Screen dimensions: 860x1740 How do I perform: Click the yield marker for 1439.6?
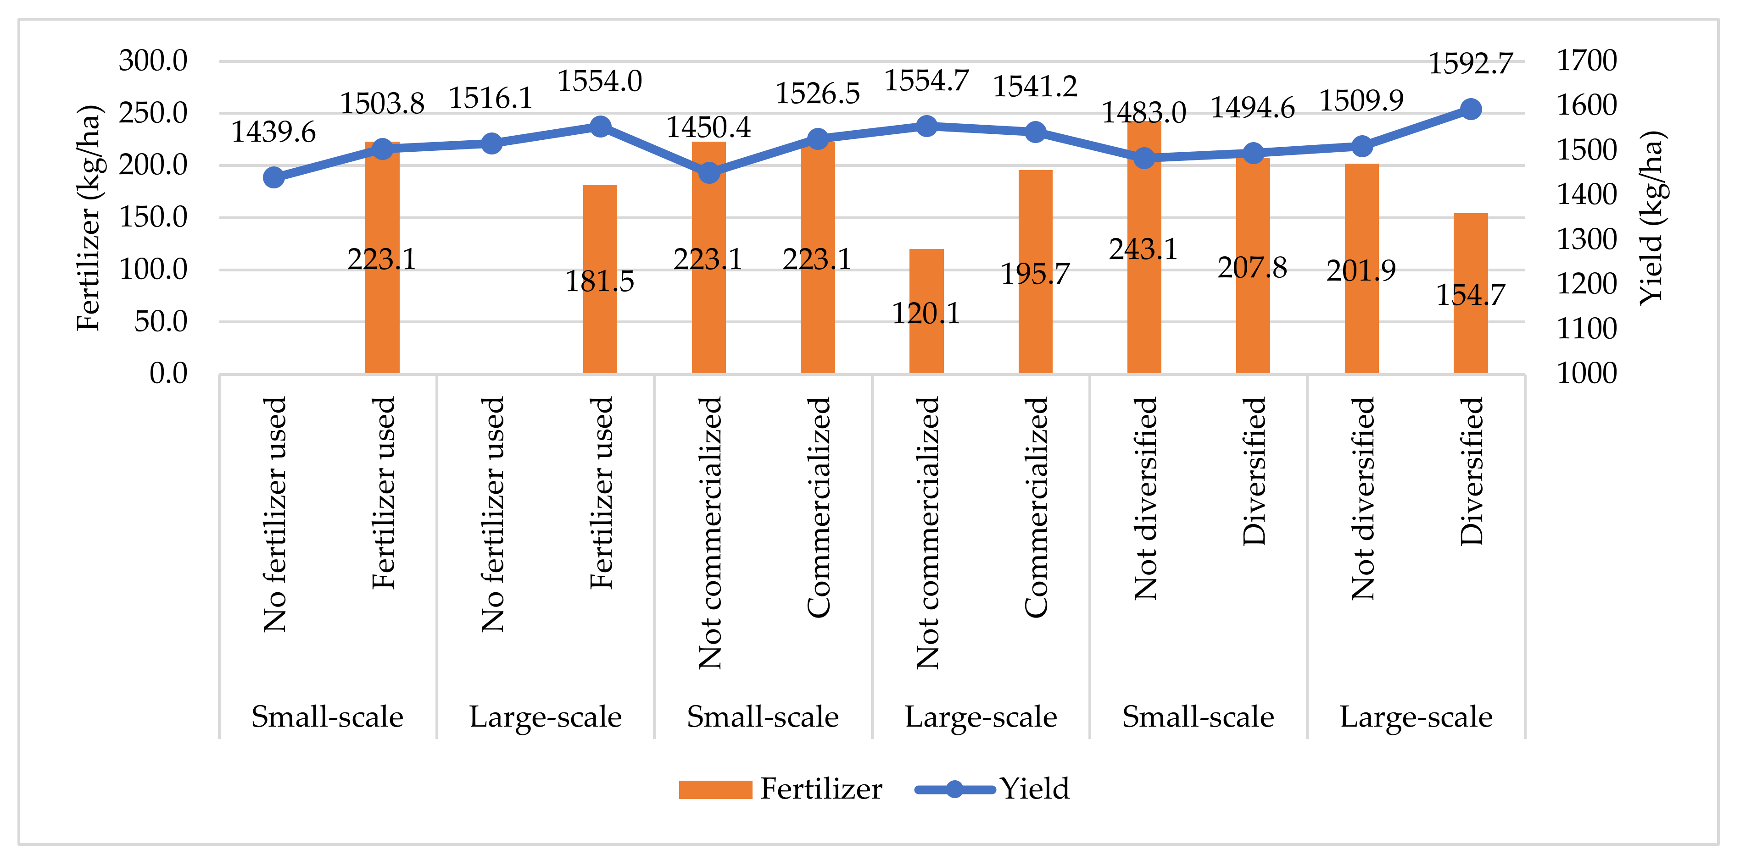coord(273,177)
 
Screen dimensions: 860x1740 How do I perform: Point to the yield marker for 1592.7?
coord(1471,109)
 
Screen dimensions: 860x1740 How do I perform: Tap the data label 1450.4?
coord(708,127)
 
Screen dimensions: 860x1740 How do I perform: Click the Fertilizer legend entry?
coord(780,788)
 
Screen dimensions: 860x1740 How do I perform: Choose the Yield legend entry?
coord(993,788)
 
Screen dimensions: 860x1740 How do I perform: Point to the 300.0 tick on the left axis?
coord(153,61)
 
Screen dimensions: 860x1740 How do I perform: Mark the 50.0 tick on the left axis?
coord(161,321)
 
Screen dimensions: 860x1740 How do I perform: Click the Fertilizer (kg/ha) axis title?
coord(89,217)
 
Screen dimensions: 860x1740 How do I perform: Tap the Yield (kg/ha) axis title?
coord(1652,217)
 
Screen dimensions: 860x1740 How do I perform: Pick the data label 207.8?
coord(1252,268)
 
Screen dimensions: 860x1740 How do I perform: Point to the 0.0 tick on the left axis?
coord(168,373)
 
